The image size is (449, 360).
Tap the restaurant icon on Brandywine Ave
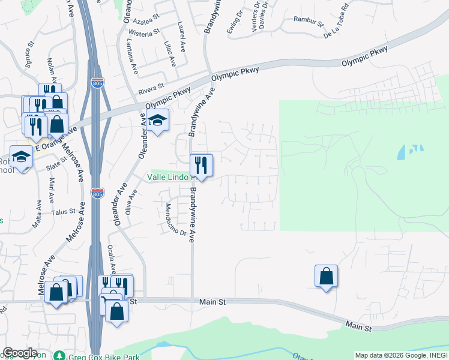201,164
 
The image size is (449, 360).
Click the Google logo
20,353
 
